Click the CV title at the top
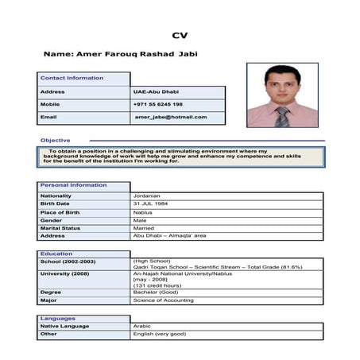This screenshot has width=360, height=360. click(180, 35)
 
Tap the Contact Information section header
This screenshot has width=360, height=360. click(72, 78)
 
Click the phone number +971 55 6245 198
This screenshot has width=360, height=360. click(158, 104)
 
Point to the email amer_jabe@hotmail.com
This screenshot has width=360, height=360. click(170, 117)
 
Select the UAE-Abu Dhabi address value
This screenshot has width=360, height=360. click(156, 91)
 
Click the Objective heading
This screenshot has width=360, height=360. click(55, 140)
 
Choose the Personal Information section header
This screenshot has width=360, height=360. click(73, 185)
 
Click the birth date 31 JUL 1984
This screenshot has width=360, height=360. click(153, 203)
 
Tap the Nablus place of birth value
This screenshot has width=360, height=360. click(143, 212)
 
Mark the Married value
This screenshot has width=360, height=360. click(144, 228)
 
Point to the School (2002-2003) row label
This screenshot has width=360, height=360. click(68, 261)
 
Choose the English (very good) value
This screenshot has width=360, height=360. click(160, 334)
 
